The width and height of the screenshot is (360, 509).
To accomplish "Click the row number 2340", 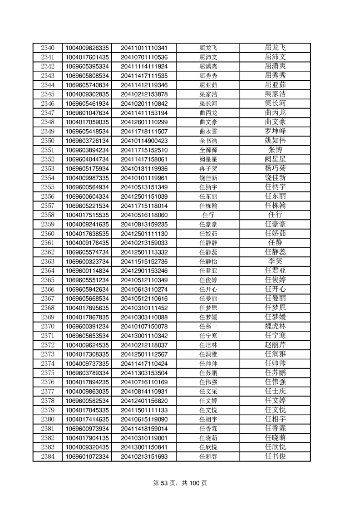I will pos(47,48).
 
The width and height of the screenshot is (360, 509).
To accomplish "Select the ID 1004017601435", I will pos(87,57).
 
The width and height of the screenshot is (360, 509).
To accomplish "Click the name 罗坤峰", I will pos(275,131).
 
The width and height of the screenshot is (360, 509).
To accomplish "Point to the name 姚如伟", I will pos(275,141).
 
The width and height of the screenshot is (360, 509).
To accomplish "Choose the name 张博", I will pos(275,150).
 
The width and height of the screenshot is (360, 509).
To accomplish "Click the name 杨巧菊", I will pos(275,168).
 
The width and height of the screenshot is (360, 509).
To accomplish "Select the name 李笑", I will pos(275,261).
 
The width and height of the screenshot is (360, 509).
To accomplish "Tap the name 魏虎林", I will pos(275,326).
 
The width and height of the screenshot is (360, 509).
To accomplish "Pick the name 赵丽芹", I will pos(275,345).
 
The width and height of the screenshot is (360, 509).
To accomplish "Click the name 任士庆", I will pos(275,391).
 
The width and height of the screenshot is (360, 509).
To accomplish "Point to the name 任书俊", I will pos(275,456).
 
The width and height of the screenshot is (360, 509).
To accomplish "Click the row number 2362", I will pos(47,252).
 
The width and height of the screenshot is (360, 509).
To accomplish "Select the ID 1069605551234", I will pos(87,280).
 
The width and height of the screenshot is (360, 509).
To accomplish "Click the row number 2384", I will pos(47,456).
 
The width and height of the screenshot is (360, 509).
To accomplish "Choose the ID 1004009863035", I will pos(87,391).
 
